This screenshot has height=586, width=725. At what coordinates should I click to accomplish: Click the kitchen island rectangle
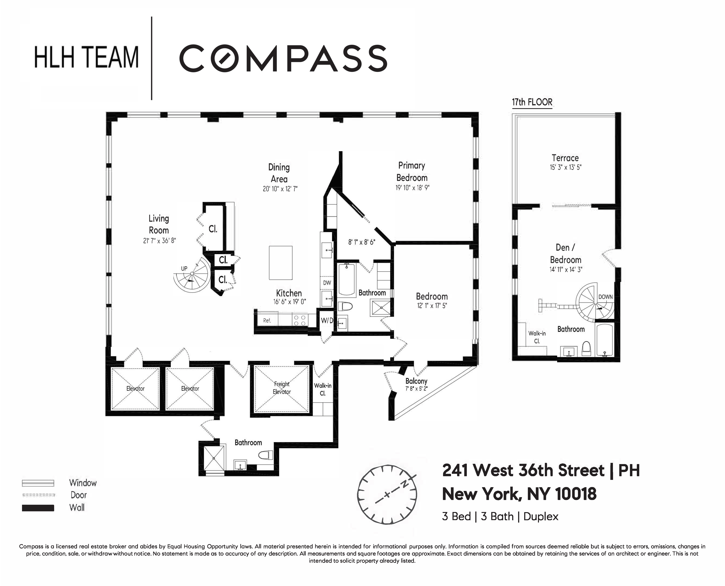tap(280, 263)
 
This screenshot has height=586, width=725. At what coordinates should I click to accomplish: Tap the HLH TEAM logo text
tap(86, 57)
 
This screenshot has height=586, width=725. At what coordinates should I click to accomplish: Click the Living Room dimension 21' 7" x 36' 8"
tap(159, 241)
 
